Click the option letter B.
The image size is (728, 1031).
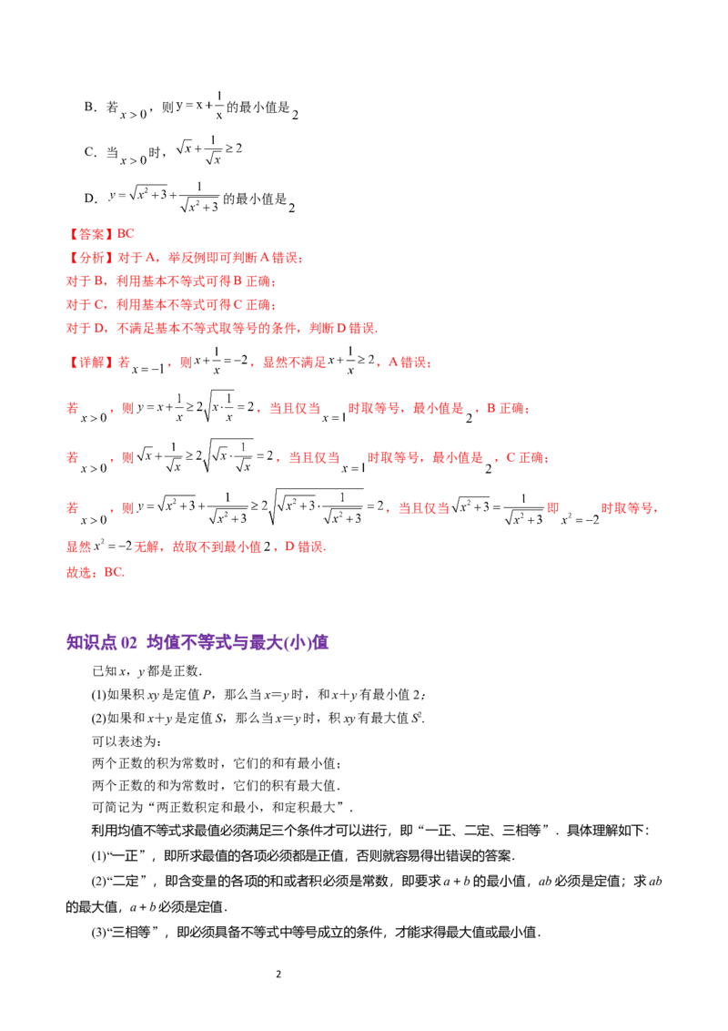(x=89, y=107)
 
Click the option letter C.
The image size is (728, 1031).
(x=89, y=152)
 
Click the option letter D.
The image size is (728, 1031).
(x=89, y=199)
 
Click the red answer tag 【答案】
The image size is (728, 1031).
(x=91, y=234)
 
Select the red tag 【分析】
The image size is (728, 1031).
(x=91, y=258)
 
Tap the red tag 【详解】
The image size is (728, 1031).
(x=91, y=362)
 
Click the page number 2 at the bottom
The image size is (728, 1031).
(x=278, y=974)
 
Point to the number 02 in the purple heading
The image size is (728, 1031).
(x=129, y=642)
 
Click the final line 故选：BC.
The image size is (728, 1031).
(x=96, y=572)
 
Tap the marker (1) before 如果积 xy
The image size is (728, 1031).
(x=98, y=694)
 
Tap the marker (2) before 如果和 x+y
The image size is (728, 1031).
(x=98, y=718)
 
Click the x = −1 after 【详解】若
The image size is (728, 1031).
(x=147, y=370)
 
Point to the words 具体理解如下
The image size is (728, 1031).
(x=605, y=831)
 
